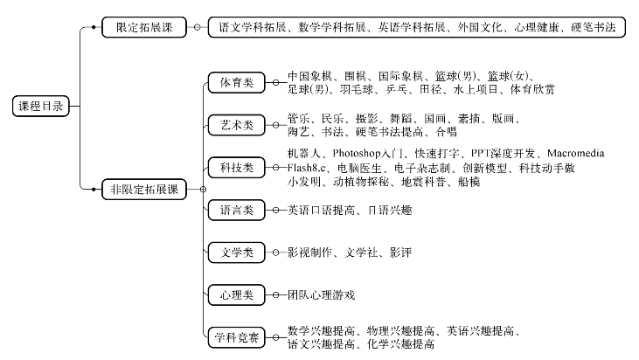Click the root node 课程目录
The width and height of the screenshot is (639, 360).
[41, 107]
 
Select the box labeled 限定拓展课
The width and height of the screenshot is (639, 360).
[144, 27]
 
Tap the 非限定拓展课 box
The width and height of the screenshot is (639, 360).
[144, 190]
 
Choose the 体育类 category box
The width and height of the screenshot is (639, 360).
[237, 83]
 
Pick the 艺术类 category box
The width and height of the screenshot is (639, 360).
[237, 125]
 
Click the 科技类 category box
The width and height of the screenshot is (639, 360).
[237, 168]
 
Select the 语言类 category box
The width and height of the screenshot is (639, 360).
[237, 210]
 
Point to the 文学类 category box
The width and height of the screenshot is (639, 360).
[237, 253]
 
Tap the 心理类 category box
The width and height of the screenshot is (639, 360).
[237, 294]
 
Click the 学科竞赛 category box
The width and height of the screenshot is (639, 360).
[237, 337]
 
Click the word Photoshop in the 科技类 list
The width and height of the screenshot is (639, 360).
[357, 154]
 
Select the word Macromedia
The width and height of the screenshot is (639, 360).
[576, 153]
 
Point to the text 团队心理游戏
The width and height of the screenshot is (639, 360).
[321, 294]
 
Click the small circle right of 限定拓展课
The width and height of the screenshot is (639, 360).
[198, 27]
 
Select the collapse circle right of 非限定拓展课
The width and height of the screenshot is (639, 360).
[203, 190]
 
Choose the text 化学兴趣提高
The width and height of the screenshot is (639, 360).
[400, 344]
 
